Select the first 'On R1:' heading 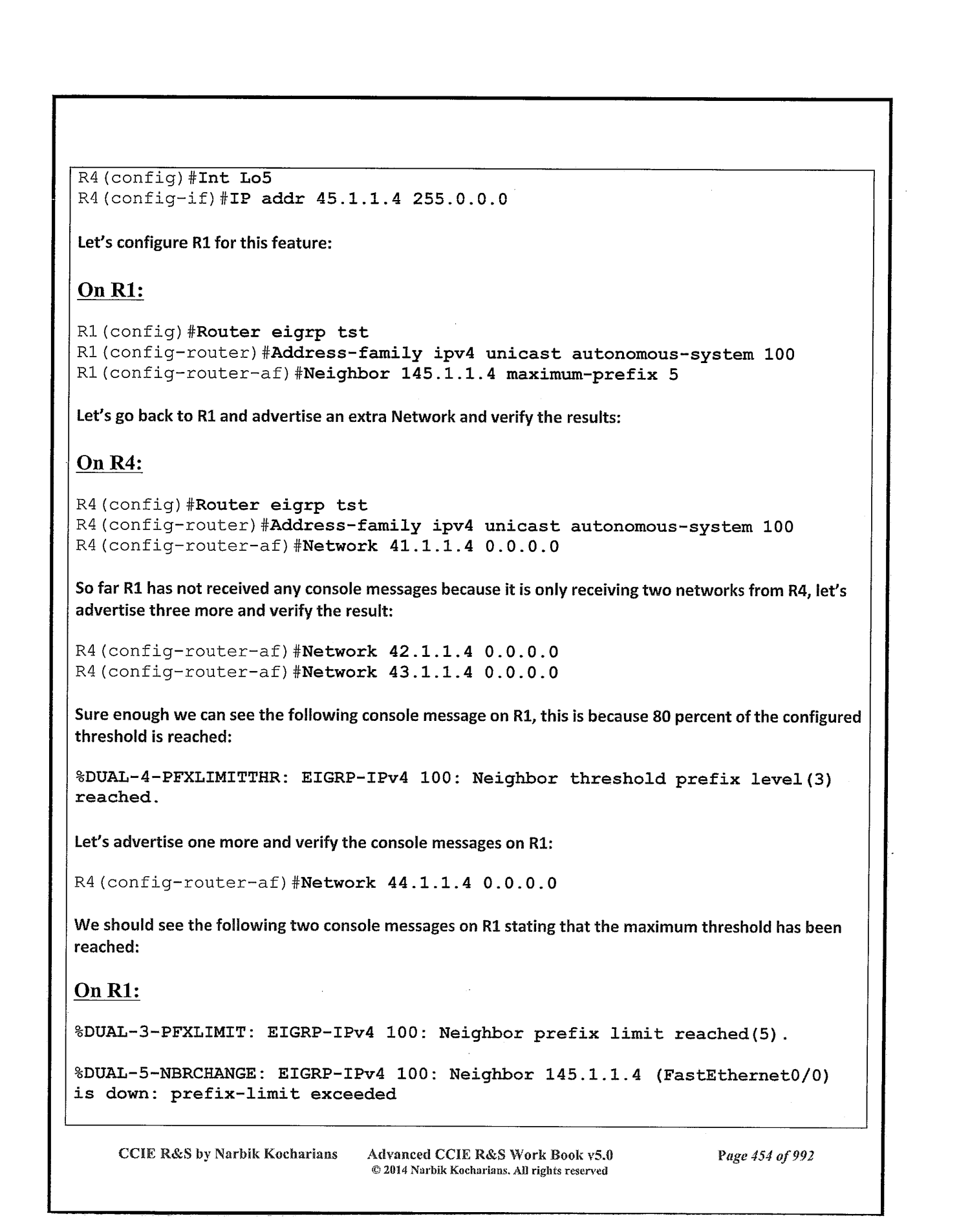(110, 291)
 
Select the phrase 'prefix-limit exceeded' (283, 1094)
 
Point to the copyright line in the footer (490, 1171)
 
